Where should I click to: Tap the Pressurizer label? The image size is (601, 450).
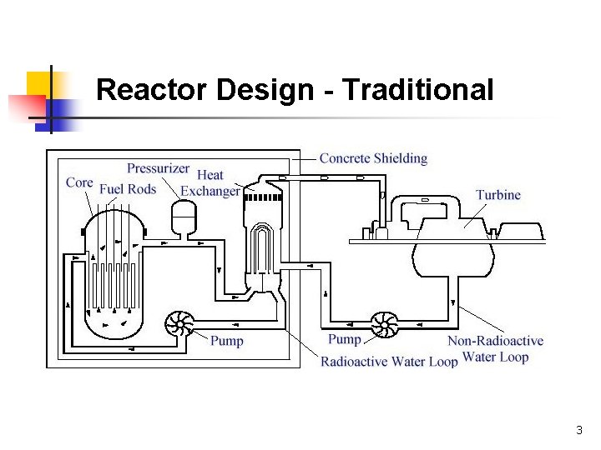click(x=158, y=168)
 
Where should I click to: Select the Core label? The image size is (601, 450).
click(x=79, y=182)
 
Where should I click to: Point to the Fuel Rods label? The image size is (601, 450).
click(x=128, y=189)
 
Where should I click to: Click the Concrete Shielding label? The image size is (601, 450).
click(x=373, y=158)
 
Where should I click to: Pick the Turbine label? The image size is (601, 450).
click(x=498, y=195)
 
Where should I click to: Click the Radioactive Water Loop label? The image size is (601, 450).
click(x=389, y=362)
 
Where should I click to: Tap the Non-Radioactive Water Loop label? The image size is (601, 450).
click(x=495, y=349)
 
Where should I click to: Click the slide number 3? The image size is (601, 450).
click(x=579, y=431)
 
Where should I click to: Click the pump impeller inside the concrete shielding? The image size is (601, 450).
click(x=179, y=324)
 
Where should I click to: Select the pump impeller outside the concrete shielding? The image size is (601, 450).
click(x=385, y=324)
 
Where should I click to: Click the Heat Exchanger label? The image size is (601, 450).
click(x=210, y=183)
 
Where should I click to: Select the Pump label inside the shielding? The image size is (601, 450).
click(x=227, y=341)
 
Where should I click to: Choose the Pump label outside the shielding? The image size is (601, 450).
click(x=345, y=339)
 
